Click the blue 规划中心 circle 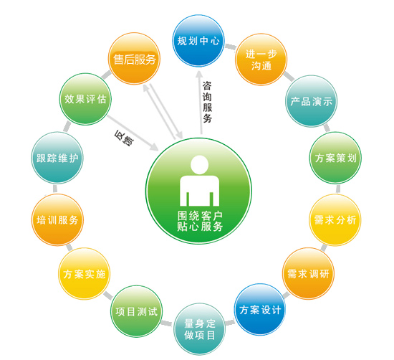click(198, 41)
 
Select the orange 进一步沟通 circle click(261, 60)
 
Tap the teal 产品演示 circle click(312, 101)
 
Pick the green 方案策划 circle click(335, 158)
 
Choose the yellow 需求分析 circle click(335, 220)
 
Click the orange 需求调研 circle click(308, 274)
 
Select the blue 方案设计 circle click(260, 310)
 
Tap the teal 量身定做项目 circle click(200, 329)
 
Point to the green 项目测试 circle click(136, 311)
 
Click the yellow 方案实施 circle click(85, 274)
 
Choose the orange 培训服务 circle click(57, 220)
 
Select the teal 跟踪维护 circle click(57, 158)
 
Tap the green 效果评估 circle click(85, 99)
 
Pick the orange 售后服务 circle click(134, 59)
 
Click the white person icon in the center click(200, 181)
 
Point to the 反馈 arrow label click(124, 138)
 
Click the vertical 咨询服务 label click(207, 102)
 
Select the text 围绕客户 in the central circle click(200, 216)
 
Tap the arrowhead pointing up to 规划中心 click(199, 75)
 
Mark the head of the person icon click(200, 165)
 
